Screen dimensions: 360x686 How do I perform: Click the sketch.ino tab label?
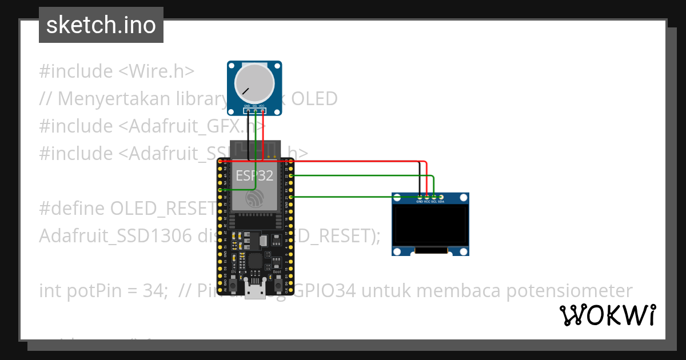coord(101,25)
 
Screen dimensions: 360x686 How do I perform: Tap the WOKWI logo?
coord(607,315)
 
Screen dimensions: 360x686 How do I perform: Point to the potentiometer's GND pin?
coord(247,110)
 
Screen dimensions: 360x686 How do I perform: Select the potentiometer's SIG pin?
coord(255,110)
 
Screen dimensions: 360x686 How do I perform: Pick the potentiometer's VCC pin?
coord(262,110)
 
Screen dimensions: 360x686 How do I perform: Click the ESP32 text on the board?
coord(254,175)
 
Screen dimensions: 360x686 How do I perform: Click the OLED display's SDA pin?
coord(441,197)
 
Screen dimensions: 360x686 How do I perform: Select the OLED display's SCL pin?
coord(434,197)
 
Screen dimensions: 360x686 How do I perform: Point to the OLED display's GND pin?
coord(420,197)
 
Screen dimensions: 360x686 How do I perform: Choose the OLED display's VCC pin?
coord(427,197)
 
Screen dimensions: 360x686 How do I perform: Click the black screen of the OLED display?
coord(430,226)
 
